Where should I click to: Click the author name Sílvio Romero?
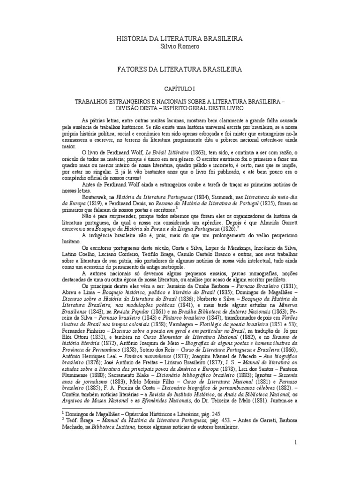click(180, 47)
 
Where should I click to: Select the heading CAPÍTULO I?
click(180, 88)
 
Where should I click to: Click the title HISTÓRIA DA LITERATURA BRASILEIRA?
click(180, 38)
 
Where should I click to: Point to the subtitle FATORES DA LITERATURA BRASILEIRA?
click(180, 69)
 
